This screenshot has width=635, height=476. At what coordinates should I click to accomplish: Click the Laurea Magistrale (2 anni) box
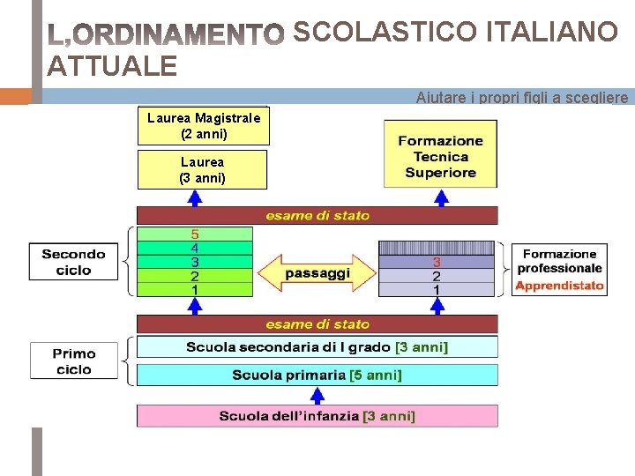(203, 126)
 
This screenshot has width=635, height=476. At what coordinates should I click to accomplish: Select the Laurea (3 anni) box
(202, 169)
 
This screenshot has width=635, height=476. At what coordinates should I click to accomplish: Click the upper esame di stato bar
(317, 215)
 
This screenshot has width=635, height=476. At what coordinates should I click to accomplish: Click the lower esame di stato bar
(317, 324)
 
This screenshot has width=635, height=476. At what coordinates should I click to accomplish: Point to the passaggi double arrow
(317, 274)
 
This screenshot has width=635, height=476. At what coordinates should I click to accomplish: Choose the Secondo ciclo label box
(73, 262)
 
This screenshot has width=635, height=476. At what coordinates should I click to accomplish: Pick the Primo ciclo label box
(73, 361)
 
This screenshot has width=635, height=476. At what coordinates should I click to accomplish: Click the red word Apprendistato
(559, 286)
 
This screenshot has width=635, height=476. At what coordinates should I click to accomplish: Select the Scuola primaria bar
(317, 375)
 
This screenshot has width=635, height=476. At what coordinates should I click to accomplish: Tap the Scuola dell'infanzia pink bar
(317, 416)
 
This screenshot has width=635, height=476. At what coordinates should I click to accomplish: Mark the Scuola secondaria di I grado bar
(317, 347)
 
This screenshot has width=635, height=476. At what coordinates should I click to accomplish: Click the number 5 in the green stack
(195, 234)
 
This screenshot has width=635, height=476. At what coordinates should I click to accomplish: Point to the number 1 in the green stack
(195, 289)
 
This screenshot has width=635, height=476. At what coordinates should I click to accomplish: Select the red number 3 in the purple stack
(436, 262)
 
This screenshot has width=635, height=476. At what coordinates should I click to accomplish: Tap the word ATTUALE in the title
(112, 65)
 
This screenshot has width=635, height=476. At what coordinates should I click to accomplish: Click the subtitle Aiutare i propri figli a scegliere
(522, 97)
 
